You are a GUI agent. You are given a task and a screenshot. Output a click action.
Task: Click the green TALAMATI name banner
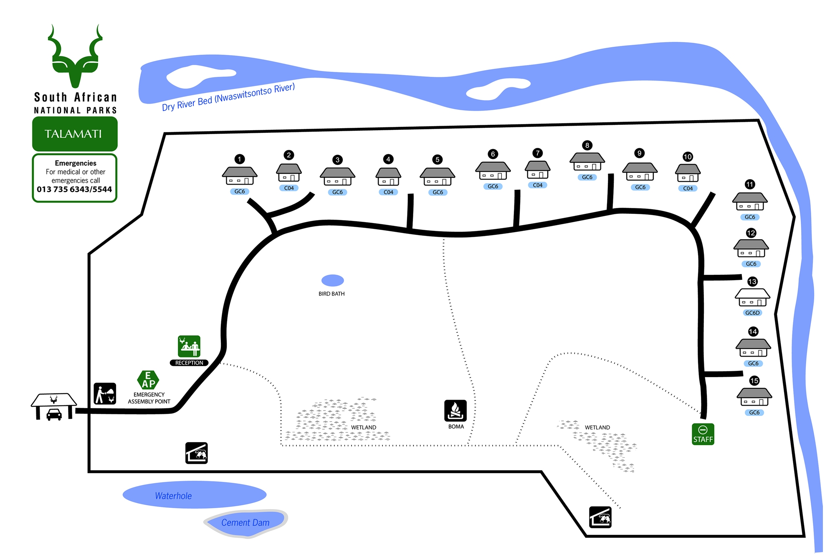(x=75, y=134)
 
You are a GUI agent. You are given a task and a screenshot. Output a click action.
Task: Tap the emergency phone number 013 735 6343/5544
(x=74, y=190)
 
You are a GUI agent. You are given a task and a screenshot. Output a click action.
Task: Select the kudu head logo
(x=75, y=56)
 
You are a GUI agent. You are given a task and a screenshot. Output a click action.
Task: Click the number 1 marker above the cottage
(x=239, y=159)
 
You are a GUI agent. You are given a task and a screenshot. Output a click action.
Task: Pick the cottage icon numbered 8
(x=587, y=162)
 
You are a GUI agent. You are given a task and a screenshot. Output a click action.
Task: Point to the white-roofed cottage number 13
(x=752, y=297)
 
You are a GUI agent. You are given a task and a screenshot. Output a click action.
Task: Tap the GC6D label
(x=752, y=313)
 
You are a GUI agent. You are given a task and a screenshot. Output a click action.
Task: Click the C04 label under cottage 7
(x=537, y=185)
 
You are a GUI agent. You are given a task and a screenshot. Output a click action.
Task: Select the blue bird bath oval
(x=332, y=280)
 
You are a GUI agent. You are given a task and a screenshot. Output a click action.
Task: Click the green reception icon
(x=189, y=346)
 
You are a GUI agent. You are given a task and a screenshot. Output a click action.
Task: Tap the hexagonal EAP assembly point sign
(x=148, y=380)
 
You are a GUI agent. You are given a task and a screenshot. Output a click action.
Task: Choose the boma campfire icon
(x=455, y=411)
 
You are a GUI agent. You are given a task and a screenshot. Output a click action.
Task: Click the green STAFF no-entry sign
(x=703, y=434)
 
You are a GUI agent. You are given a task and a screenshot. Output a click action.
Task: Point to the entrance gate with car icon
(x=54, y=406)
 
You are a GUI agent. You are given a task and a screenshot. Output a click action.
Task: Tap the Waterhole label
(x=173, y=496)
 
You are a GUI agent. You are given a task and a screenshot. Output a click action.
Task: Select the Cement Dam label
(x=245, y=522)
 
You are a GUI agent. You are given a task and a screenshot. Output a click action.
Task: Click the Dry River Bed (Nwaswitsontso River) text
(x=228, y=97)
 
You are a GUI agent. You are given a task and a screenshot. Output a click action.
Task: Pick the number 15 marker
(x=754, y=380)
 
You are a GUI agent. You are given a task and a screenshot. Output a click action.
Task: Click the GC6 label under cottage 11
(x=750, y=217)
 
